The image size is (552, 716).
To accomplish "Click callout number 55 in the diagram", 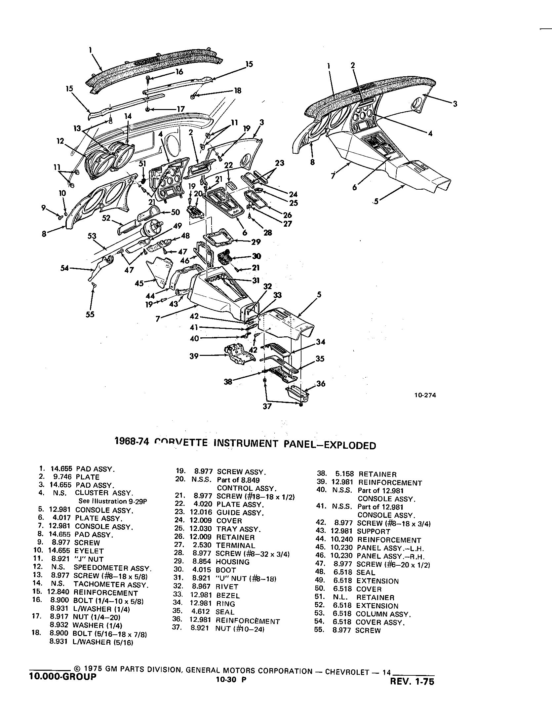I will pyautogui.click(x=90, y=315).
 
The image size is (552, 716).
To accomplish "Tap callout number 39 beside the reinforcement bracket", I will pyautogui.click(x=194, y=356).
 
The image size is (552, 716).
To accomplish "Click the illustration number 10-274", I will pyautogui.click(x=425, y=395).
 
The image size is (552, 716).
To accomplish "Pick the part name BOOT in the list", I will pyautogui.click(x=226, y=570).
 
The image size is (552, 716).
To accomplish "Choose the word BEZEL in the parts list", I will pyautogui.click(x=228, y=595).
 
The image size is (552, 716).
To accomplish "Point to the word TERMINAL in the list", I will pyautogui.click(x=236, y=546).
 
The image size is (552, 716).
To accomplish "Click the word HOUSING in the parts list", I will pyautogui.click(x=233, y=562).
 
